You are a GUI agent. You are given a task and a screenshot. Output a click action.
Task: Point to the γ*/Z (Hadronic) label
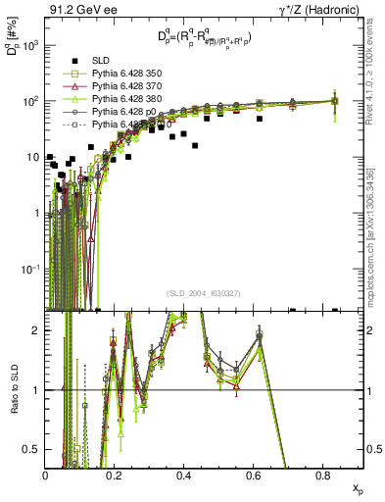coord(325,9)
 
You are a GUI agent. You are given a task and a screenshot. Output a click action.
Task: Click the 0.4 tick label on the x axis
coord(184,476)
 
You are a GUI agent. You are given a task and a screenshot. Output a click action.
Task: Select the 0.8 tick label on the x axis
coord(322,476)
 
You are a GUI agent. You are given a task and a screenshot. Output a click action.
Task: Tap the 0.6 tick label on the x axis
coord(254,476)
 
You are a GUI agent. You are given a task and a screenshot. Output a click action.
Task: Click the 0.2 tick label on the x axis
coord(115,476)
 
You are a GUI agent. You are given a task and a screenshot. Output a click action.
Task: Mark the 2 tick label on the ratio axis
coord(37,330)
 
